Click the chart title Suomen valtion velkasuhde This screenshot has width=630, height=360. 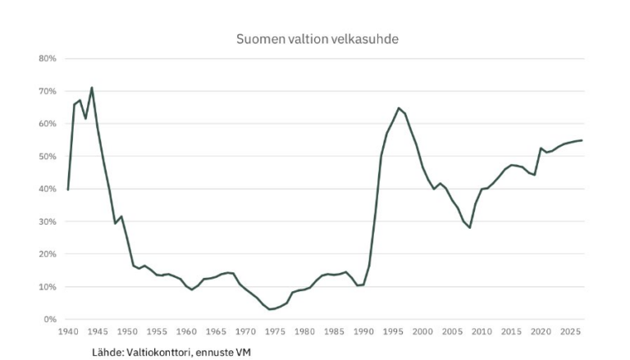click(x=317, y=39)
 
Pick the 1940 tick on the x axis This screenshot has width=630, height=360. click(x=68, y=331)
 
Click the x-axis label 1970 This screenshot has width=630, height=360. click(x=245, y=331)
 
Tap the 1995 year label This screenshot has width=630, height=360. click(x=393, y=331)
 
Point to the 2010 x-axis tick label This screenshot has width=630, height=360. click(x=482, y=331)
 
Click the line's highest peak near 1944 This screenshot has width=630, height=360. click(x=92, y=87)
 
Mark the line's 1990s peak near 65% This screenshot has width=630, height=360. click(x=399, y=107)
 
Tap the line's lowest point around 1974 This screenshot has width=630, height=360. click(x=269, y=309)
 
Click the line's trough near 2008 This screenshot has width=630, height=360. click(x=470, y=227)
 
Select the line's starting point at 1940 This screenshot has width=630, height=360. click(x=68, y=189)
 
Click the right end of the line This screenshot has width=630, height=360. click(x=582, y=140)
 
